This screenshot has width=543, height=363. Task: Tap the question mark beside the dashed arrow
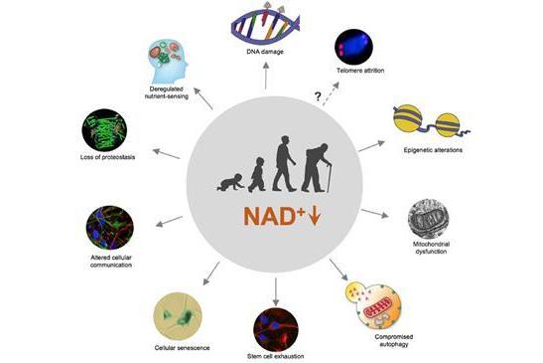coord(318,96)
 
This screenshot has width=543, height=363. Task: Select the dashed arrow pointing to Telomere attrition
coord(332,93)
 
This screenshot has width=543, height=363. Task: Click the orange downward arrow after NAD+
coord(315,216)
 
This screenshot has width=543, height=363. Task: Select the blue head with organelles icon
coord(167,62)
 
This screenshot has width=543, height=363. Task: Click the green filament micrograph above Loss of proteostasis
coord(104,130)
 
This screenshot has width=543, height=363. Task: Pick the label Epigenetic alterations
coord(433,150)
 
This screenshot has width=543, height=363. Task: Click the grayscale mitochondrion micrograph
coord(429,219)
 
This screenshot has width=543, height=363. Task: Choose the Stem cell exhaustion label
coord(276,356)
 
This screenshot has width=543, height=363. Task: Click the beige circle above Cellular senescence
coord(178,316)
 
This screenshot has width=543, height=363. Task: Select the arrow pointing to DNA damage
coord(266,76)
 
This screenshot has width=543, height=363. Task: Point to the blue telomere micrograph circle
coord(353,47)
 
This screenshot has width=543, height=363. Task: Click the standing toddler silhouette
coord(257,175)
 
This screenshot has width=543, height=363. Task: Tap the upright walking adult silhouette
coord(284,163)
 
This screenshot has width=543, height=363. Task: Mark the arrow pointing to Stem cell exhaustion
coord(276,291)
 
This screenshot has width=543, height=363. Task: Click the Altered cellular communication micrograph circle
coord(110,228)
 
